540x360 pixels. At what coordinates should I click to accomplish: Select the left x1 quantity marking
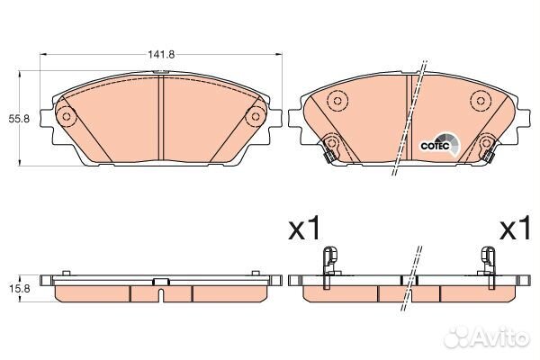tap(304, 230)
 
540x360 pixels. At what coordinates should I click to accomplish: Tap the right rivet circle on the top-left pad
tap(255, 115)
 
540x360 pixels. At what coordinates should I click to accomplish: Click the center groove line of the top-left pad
tap(160, 117)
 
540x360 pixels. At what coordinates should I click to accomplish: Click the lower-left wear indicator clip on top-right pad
tap(331, 147)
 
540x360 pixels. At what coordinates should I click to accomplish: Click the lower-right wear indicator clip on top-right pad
tap(488, 147)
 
